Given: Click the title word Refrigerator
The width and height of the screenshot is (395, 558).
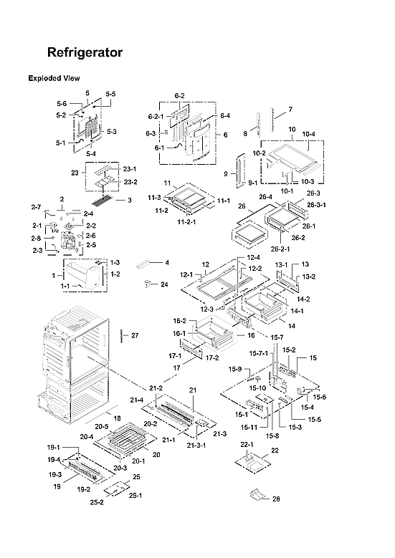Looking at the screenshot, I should [84, 53].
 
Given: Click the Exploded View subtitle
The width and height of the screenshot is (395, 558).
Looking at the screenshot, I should [54, 77].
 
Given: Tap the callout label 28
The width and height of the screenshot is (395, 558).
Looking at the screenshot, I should [277, 499].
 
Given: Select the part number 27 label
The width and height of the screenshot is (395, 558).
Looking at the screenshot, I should [134, 335].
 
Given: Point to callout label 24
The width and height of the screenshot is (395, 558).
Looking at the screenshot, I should [164, 284].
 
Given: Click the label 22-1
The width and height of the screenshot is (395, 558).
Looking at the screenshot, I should [247, 446].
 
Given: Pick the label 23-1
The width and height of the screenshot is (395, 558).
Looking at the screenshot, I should [129, 168].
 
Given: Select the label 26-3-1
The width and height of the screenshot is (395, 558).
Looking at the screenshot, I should [316, 205].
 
